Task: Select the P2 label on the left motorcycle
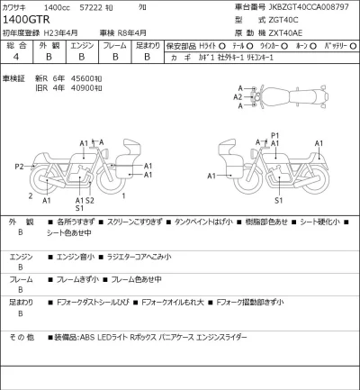pos(19,167)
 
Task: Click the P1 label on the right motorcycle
pos(275,135)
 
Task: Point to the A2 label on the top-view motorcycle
pos(238,96)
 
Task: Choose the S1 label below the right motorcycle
pos(279,200)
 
